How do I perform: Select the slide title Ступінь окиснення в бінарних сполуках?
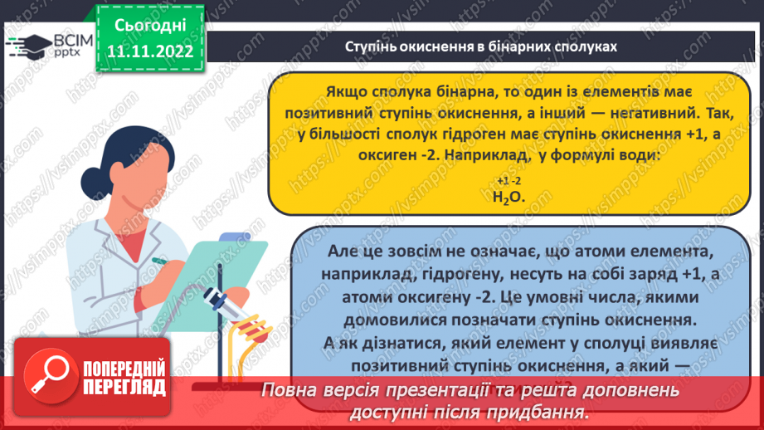(481, 46)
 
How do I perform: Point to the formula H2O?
(509, 197)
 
